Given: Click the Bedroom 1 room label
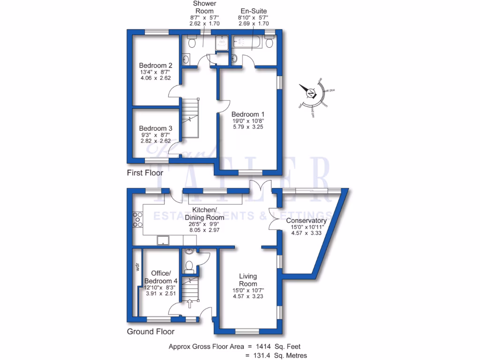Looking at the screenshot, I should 248,114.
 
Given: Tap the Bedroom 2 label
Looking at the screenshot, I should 156,65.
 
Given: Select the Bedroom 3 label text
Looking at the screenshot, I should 156,128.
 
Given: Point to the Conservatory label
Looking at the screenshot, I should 306,221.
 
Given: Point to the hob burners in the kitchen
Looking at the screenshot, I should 138,219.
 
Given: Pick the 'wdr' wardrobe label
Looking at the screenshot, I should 138,268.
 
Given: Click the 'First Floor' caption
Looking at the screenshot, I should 145,173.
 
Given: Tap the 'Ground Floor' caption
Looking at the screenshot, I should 151,332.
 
